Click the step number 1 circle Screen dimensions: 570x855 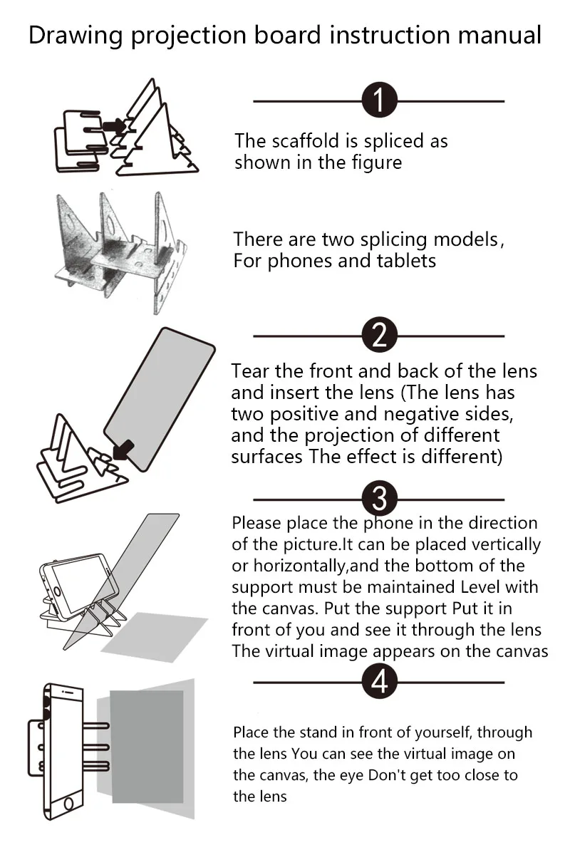(380, 100)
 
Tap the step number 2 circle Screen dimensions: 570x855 (380, 334)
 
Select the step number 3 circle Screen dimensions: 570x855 (380, 498)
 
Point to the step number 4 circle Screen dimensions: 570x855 (380, 681)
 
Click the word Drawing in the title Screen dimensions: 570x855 (76, 36)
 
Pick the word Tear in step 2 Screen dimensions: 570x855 (249, 371)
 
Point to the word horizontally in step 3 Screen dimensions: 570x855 (299, 566)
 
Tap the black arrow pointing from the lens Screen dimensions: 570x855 (123, 450)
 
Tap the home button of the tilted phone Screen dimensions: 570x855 (57, 592)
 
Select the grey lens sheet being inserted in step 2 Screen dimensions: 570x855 (160, 399)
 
